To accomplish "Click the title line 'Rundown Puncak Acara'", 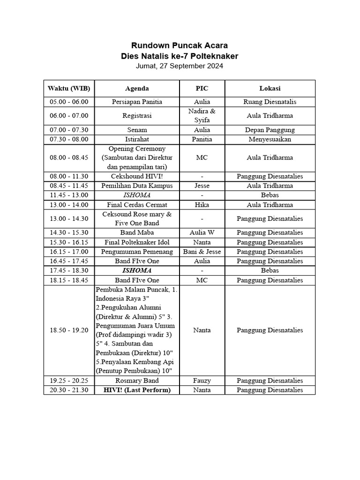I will coord(180,45).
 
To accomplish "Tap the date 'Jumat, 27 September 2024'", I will coord(180,66).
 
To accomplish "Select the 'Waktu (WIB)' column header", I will coord(69,88).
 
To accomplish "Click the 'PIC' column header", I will coord(202,88).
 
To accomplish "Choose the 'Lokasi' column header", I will coord(270,88).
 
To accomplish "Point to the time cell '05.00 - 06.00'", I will coord(69,102).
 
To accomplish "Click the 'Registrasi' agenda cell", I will coord(137,115).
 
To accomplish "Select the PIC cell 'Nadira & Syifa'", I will coord(202,115).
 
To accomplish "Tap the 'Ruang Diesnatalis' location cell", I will coord(270,102).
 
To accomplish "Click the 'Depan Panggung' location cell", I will coord(270,130).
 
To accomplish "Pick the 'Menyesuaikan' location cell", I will coord(270,139).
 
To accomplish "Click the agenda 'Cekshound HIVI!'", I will coord(137,176).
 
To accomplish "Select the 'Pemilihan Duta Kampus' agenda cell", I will coord(137,186).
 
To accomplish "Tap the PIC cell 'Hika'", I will coord(202,205).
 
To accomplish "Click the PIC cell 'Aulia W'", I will coord(202,232).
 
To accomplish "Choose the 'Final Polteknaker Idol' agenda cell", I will coord(137,242).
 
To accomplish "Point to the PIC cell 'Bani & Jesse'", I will coord(202,252).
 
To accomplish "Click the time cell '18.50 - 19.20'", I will coord(69,330).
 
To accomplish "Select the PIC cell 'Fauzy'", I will coord(202,381).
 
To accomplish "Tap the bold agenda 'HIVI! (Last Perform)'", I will coord(137,390).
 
